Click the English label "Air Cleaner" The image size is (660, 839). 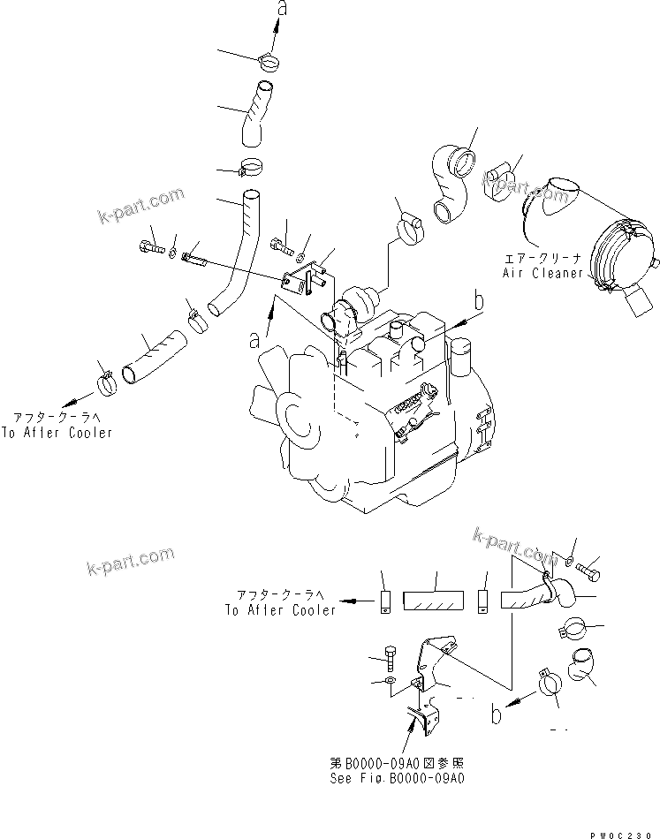(x=542, y=273)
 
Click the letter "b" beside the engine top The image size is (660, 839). (x=479, y=300)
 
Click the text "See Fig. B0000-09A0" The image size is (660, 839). (x=398, y=778)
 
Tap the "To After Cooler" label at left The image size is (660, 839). (x=57, y=433)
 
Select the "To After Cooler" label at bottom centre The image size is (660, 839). (x=280, y=609)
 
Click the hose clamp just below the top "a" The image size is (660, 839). (x=269, y=62)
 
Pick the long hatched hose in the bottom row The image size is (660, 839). (x=433, y=601)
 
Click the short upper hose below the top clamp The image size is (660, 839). (x=256, y=112)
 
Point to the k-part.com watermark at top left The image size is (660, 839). (x=140, y=206)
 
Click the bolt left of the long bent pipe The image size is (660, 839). (x=152, y=248)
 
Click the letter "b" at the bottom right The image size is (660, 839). (x=497, y=714)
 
